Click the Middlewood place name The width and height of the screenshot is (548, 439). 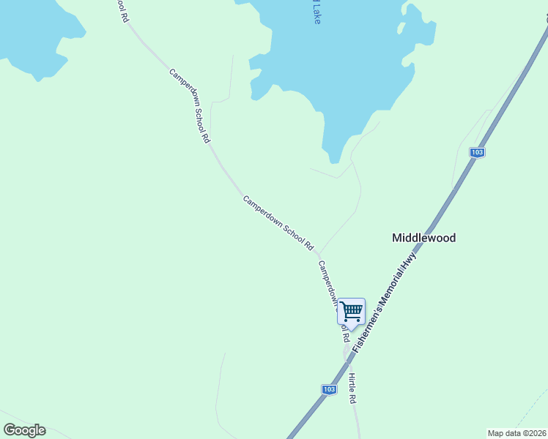coord(423,238)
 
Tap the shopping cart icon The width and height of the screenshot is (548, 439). coord(351,311)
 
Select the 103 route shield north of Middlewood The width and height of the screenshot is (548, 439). coord(477,152)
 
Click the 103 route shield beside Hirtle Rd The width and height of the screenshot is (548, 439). coord(329,389)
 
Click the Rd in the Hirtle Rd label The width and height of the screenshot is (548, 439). coord(353,399)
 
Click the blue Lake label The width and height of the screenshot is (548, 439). coord(316,13)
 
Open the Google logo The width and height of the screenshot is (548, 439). coord(24,430)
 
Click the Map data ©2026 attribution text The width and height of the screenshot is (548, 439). coord(516,433)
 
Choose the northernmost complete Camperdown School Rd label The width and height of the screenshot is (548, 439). coord(190,105)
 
